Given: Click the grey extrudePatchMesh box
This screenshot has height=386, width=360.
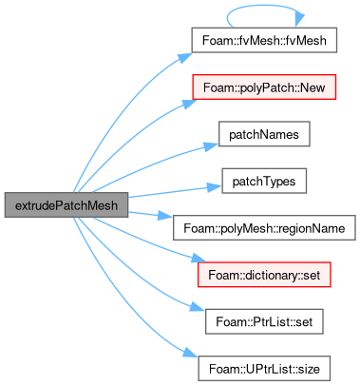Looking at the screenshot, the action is (x=66, y=205).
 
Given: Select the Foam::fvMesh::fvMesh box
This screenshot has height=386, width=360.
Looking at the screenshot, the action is (x=264, y=40).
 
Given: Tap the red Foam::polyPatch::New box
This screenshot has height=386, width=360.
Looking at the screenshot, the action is (x=264, y=87).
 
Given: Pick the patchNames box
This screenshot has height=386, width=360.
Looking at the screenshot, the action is (x=264, y=134).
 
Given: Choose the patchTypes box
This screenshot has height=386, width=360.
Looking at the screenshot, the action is (x=264, y=181).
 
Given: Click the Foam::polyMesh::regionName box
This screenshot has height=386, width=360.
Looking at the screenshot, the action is (x=264, y=228).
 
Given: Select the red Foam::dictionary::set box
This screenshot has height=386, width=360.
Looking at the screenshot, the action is (x=264, y=275).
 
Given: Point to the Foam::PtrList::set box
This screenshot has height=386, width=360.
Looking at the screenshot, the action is (x=264, y=321).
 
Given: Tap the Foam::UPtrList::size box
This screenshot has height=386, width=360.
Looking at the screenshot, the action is (x=264, y=369).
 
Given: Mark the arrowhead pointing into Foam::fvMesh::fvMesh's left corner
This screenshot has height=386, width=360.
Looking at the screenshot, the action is (x=184, y=58).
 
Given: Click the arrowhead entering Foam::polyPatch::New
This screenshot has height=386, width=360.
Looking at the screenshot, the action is (x=189, y=104).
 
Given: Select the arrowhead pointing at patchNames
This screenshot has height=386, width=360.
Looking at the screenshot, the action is (x=210, y=146).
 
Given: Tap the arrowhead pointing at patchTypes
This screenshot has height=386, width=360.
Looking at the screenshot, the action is (x=215, y=187).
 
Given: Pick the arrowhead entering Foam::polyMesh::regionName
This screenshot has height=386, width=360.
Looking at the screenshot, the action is (x=165, y=216).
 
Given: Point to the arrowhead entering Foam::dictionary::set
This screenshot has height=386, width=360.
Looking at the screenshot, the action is (x=199, y=258).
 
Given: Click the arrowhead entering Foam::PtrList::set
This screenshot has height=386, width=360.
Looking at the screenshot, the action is (x=198, y=307).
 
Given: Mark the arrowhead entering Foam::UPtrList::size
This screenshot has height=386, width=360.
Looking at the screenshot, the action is (x=191, y=353).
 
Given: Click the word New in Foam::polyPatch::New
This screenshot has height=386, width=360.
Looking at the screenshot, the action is (x=313, y=87).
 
